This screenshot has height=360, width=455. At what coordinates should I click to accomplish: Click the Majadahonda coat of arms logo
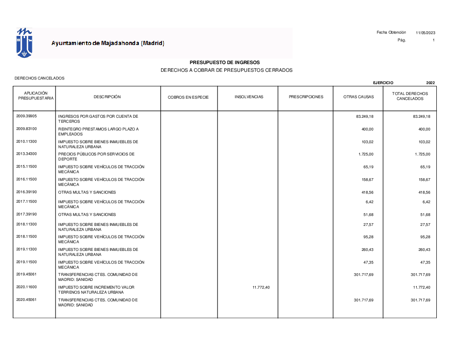coord(24,42)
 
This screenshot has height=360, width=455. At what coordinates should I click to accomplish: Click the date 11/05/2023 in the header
coord(425,33)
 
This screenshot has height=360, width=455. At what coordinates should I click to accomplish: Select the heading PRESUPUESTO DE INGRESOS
coord(225,62)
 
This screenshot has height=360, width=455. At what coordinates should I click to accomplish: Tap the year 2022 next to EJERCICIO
coord(430,83)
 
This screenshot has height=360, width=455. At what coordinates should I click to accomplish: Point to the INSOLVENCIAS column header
coord(249,97)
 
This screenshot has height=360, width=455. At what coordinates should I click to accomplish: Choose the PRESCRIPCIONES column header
coord(306,97)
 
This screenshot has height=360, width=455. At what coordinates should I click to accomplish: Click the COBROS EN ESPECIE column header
coord(188,97)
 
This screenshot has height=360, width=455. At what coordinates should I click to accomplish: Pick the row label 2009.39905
coord(26,116)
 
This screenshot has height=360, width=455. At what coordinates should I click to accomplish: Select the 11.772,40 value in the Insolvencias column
coord(261,288)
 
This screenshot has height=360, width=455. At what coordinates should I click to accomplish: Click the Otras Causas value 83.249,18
coord(364,117)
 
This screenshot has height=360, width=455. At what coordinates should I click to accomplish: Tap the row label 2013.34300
coord(26,154)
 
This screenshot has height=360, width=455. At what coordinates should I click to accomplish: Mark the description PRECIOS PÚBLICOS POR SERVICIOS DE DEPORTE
coord(96,156)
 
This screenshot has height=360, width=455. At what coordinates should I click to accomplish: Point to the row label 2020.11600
coord(26,287)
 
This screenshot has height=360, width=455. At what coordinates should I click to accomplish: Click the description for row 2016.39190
coord(87,192)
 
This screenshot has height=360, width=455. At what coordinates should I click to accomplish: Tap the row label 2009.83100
coord(26,129)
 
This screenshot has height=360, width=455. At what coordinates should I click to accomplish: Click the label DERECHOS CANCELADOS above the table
coord(40,78)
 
